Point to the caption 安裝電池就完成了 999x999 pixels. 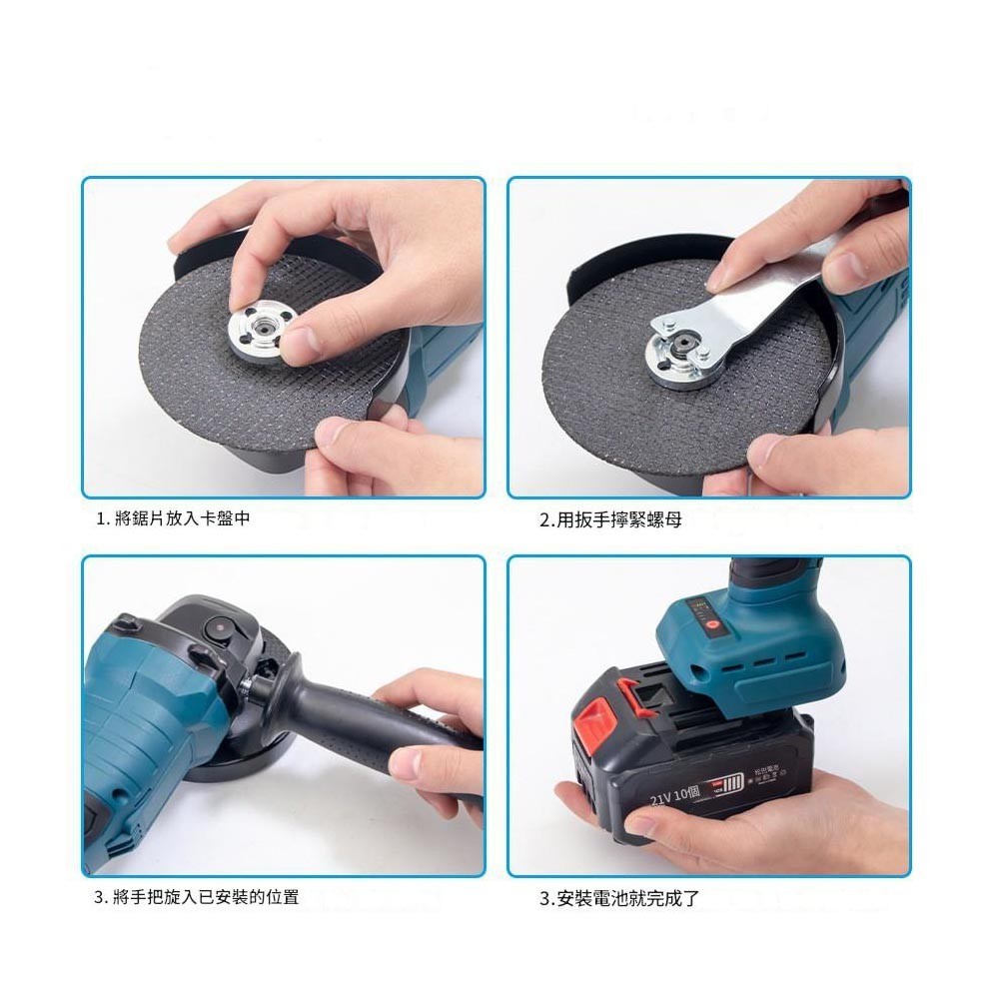point(619,898)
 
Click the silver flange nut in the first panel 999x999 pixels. point(257,335)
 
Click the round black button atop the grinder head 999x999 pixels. point(213,629)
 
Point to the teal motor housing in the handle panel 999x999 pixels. point(150,719)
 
